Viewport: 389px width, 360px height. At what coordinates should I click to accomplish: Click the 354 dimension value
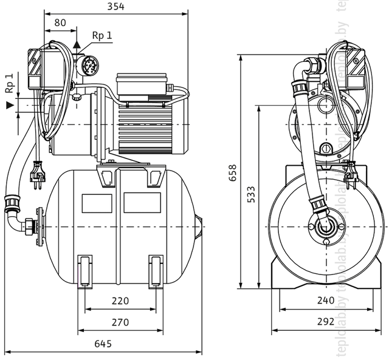click(115, 7)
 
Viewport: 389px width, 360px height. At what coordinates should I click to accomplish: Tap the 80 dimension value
click(60, 23)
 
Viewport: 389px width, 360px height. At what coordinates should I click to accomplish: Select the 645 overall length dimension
click(103, 344)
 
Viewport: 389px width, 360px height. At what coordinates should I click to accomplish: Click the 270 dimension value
click(120, 322)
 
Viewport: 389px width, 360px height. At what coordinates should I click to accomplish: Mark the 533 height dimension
click(251, 196)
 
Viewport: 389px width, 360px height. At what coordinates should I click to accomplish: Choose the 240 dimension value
click(326, 301)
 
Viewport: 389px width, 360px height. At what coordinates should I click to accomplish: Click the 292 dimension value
click(326, 322)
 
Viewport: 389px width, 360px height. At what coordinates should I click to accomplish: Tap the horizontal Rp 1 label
click(102, 35)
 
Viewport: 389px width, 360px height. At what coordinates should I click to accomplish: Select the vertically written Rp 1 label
click(9, 83)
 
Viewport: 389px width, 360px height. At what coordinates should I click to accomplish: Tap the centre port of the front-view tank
click(322, 227)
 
